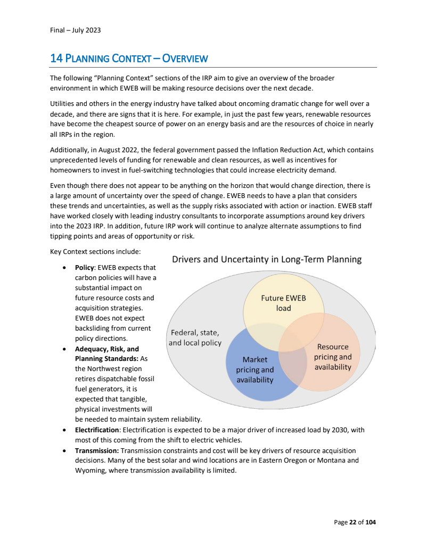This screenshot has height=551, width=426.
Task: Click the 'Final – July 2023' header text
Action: coord(75,30)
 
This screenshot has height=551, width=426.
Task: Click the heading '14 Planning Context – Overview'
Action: coord(129,58)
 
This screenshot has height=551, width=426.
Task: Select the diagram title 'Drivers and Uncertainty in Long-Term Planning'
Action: coord(266,260)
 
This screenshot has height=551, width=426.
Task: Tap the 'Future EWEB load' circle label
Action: coord(283,303)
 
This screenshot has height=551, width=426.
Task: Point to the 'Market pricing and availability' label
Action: coord(255,369)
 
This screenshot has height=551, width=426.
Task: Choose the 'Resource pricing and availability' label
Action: coord(332,357)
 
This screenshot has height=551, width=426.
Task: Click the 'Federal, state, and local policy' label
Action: coord(195,338)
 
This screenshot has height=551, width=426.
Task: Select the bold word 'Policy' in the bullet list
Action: coord(84,267)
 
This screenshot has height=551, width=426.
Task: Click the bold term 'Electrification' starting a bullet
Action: coord(97,430)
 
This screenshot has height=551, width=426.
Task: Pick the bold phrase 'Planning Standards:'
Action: coord(106,359)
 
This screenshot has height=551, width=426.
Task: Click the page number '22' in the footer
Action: coord(353,522)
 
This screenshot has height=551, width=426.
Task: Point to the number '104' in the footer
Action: coord(371,522)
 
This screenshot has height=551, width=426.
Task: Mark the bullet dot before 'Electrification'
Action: coord(64,430)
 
